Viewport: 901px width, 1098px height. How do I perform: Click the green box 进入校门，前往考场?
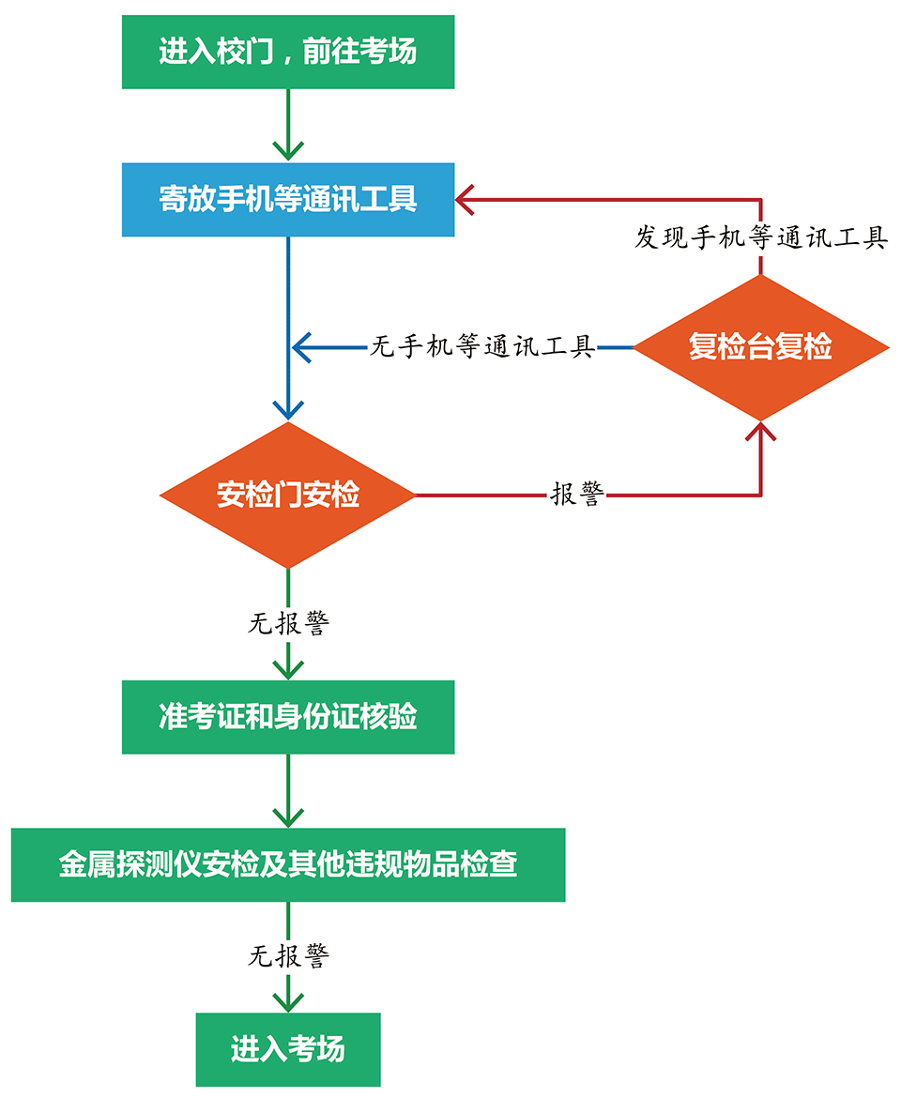coord(287,52)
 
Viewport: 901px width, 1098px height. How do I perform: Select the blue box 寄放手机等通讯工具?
coord(287,200)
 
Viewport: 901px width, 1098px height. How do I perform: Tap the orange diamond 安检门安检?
coord(287,495)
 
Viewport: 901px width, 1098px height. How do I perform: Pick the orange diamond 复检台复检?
coord(760,347)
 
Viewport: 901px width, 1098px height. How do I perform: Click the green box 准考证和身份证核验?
coord(287,717)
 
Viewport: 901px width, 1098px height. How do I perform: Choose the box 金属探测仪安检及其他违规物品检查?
coord(287,864)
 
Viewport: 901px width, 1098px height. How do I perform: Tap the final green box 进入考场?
coord(287,1048)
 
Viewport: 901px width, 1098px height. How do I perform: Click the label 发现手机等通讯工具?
coord(760,237)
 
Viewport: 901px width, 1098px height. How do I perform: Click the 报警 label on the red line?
coord(576,495)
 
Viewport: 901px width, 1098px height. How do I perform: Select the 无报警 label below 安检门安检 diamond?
coord(288,624)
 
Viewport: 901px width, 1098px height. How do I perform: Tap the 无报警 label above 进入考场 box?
coord(288,956)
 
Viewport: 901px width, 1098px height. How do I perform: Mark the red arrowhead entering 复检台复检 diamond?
coord(760,431)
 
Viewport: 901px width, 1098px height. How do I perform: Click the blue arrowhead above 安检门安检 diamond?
coord(287,410)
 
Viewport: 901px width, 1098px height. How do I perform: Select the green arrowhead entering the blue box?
coord(287,150)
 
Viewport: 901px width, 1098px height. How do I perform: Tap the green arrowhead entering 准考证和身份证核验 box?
coord(287,668)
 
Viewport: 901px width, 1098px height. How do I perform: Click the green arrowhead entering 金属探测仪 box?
coord(287,816)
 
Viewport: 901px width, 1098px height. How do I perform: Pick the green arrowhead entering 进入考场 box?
coord(287,1000)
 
